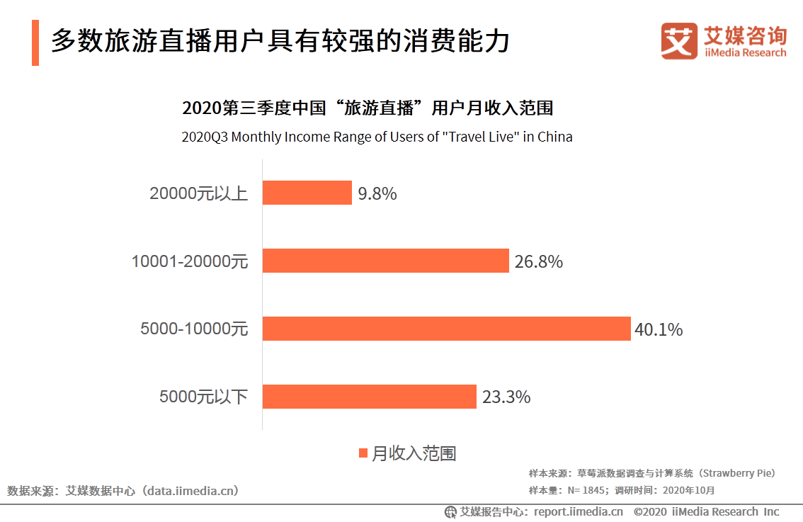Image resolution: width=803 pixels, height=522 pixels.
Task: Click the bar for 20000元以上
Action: (307, 193)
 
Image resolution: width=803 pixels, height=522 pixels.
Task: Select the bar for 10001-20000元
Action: (385, 261)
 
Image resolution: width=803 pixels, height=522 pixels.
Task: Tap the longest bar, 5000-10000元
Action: (446, 329)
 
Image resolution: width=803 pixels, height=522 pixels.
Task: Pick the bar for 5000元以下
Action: (369, 397)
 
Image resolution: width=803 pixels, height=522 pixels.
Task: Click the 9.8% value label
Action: (377, 193)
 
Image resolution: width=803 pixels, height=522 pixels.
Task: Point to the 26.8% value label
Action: (538, 261)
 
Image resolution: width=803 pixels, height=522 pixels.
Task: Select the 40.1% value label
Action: (659, 329)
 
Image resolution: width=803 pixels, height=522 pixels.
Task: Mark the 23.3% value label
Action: (506, 397)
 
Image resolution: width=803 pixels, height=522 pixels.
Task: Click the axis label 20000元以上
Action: (198, 193)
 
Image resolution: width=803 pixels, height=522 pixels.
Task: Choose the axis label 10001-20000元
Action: (190, 261)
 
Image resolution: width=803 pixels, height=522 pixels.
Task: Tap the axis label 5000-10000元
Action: (194, 329)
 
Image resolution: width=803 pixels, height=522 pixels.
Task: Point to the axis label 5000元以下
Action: (203, 397)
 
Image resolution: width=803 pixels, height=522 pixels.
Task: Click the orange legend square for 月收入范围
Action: (363, 453)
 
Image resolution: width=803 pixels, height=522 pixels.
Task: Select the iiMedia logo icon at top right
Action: (678, 41)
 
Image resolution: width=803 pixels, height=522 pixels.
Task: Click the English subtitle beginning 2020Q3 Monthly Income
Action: (377, 137)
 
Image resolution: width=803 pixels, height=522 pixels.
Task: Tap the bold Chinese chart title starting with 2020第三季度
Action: (368, 108)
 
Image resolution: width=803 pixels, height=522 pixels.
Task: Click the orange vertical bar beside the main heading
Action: (35, 43)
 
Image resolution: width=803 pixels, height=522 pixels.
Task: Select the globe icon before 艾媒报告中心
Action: (450, 511)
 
